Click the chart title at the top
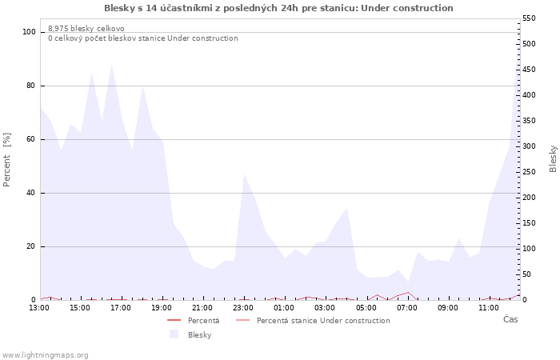point(278,8)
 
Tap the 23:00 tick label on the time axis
point(243,308)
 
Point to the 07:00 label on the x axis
point(406,308)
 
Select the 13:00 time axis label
point(39,308)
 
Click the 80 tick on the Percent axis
point(30,86)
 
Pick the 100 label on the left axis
point(29,32)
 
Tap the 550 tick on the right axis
point(529,18)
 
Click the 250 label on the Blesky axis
point(529,172)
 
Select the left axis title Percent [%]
point(6,160)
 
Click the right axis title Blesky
point(553,159)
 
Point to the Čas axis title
point(510,319)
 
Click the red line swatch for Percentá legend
point(174,320)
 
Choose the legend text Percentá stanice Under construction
point(323,320)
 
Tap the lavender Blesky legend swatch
point(174,334)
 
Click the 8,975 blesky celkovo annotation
point(86,29)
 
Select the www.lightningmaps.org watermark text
point(45,355)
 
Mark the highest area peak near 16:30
point(112,65)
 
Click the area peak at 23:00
point(244,174)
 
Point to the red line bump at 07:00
point(408,293)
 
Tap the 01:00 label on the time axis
point(284,308)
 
